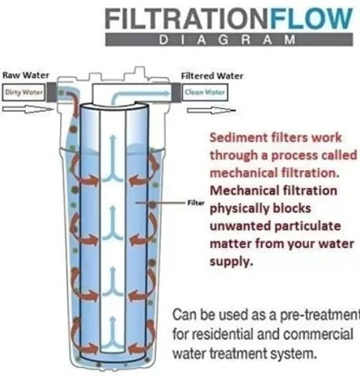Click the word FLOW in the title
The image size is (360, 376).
[311, 19]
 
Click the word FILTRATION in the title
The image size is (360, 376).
[187, 19]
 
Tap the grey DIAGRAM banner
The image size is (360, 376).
[229, 40]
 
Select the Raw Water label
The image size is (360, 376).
[25, 75]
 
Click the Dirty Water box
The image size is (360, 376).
[24, 92]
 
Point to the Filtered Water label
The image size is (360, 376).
[212, 76]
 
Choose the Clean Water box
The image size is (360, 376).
[205, 92]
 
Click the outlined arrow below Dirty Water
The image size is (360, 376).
[28, 109]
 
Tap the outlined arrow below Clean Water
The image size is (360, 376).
[211, 110]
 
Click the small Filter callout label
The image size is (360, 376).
[196, 203]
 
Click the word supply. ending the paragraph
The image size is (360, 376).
[231, 262]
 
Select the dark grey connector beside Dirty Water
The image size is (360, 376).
[51, 92]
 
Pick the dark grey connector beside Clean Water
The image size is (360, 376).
[176, 92]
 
